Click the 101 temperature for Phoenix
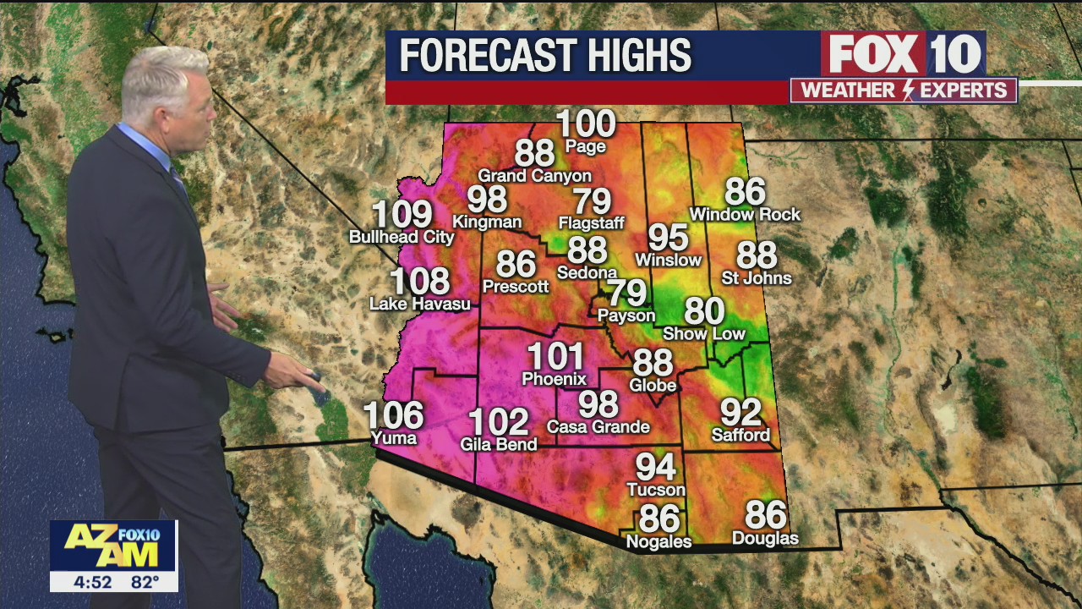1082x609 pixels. pyautogui.click(x=555, y=357)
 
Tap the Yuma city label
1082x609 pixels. pyautogui.click(x=394, y=438)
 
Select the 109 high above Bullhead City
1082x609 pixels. pyautogui.click(x=402, y=215)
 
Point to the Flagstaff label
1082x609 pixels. pyautogui.click(x=591, y=223)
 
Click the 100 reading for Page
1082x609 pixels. pyautogui.click(x=586, y=124)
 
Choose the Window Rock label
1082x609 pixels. pyautogui.click(x=745, y=215)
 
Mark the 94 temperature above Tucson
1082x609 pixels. pyautogui.click(x=656, y=467)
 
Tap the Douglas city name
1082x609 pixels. pyautogui.click(x=765, y=539)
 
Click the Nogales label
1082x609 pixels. pyautogui.click(x=659, y=542)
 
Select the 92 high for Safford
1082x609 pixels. pyautogui.click(x=740, y=413)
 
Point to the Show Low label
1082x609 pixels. pyautogui.click(x=704, y=334)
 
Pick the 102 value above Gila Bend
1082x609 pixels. pyautogui.click(x=498, y=421)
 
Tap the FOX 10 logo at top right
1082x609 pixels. pyautogui.click(x=903, y=54)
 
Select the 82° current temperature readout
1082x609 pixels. pyautogui.click(x=145, y=582)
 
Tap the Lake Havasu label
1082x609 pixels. pyautogui.click(x=420, y=304)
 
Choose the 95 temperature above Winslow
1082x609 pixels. pyautogui.click(x=668, y=238)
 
